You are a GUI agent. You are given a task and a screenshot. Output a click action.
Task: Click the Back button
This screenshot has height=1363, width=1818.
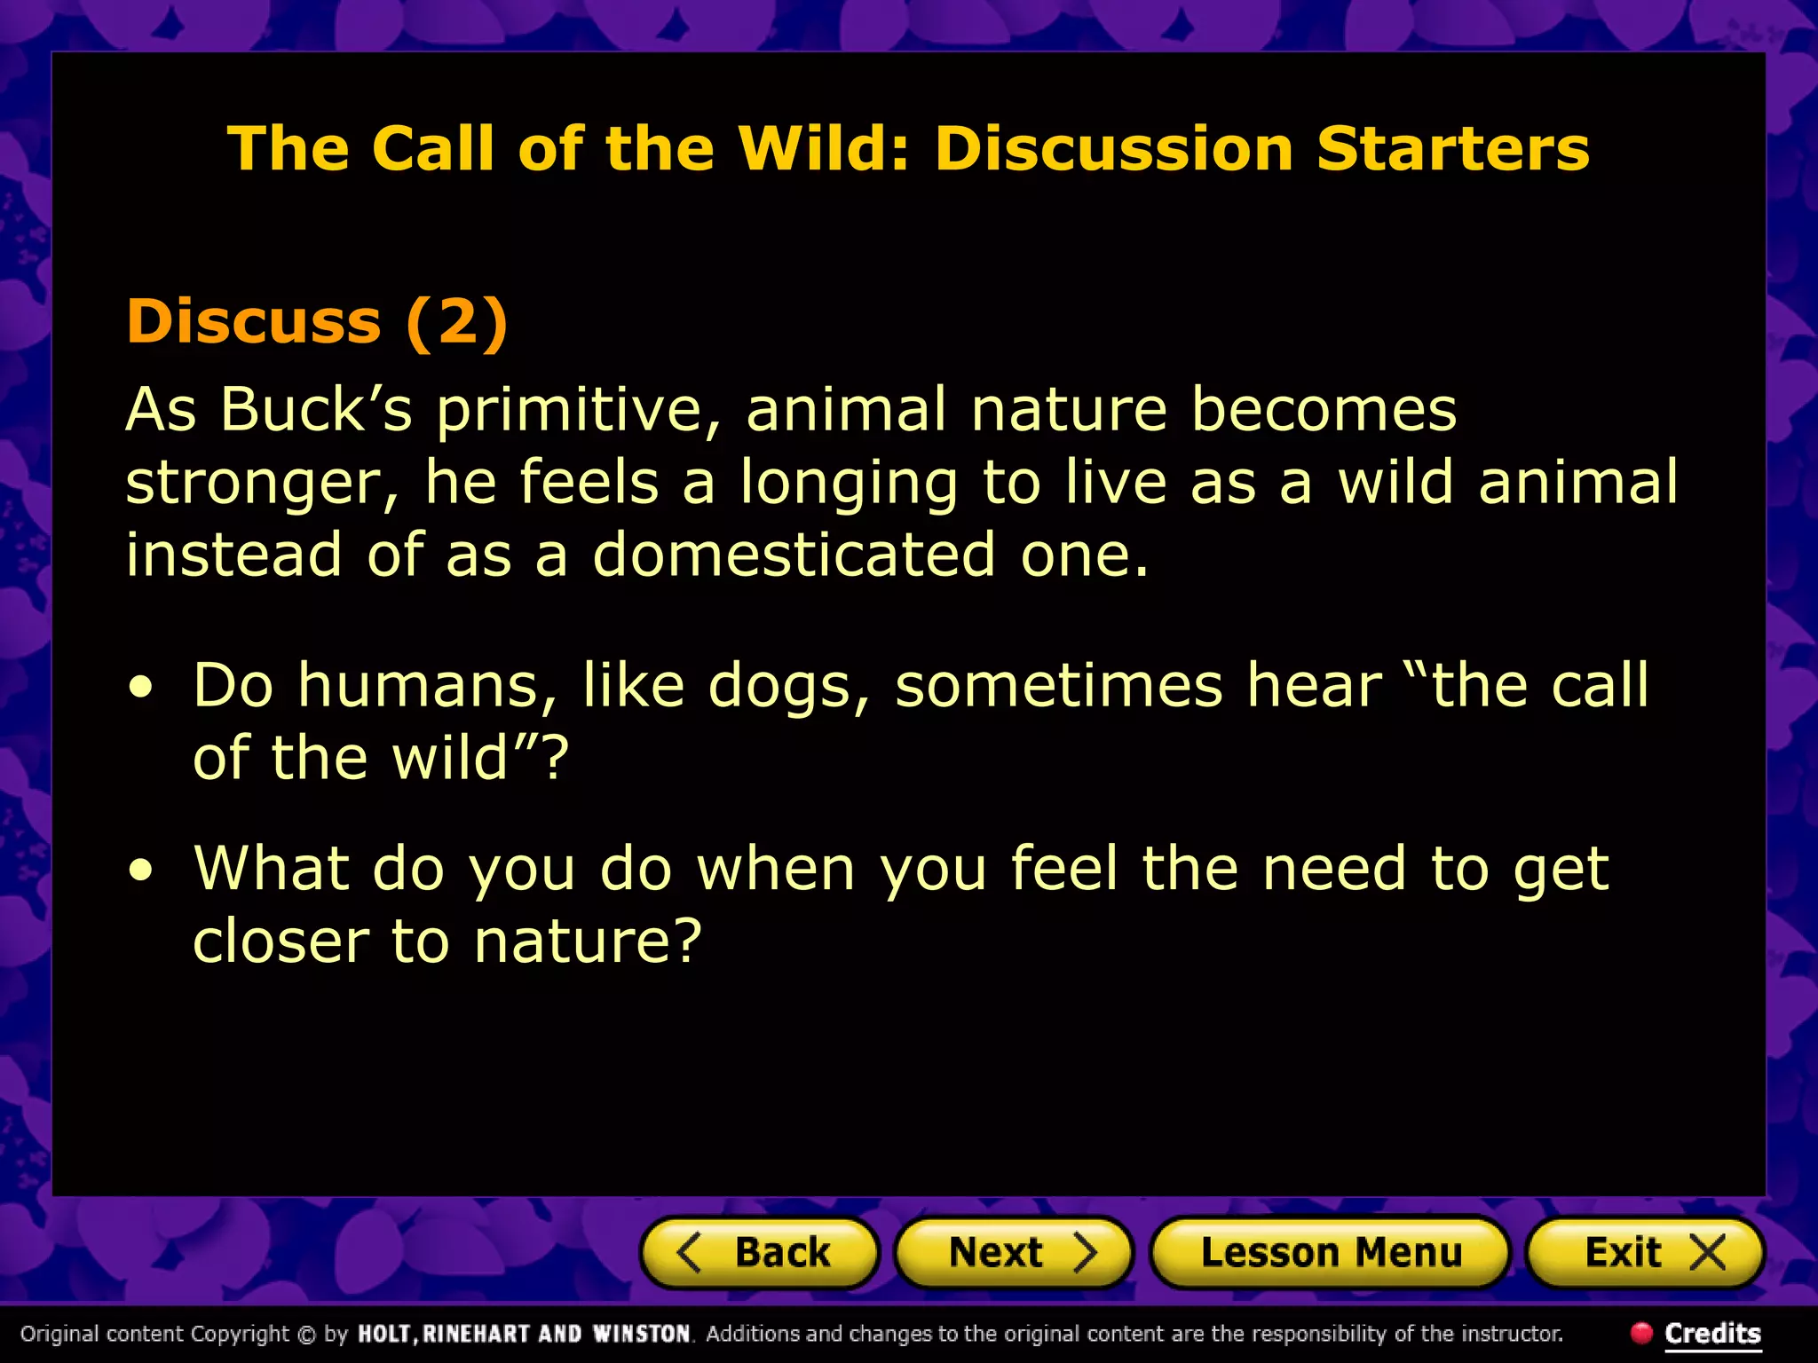(x=760, y=1253)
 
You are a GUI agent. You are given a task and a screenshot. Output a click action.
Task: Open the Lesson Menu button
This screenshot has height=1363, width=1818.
(x=1330, y=1253)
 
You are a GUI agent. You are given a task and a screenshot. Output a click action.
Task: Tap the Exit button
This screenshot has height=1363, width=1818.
(x=1644, y=1253)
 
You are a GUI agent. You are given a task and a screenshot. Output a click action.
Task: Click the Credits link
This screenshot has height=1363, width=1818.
(x=1712, y=1333)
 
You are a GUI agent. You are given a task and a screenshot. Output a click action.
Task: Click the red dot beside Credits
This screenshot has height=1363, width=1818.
(x=1641, y=1332)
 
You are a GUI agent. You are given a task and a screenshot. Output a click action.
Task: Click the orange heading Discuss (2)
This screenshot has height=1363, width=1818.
(x=317, y=320)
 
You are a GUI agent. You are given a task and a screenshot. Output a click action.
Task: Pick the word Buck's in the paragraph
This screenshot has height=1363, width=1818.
(x=316, y=409)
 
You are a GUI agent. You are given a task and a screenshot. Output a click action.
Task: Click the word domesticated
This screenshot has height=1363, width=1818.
(x=794, y=555)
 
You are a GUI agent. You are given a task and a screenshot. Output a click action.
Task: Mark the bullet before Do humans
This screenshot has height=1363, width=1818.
(x=140, y=688)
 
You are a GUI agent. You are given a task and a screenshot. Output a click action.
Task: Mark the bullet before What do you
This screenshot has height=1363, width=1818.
(x=140, y=871)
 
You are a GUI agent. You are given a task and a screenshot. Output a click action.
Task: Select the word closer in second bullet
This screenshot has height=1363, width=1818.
(x=281, y=941)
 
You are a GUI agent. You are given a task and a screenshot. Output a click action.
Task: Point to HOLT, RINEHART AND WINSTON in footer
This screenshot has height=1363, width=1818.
(x=524, y=1334)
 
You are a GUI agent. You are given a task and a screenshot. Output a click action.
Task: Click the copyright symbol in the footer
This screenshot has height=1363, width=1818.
(x=306, y=1335)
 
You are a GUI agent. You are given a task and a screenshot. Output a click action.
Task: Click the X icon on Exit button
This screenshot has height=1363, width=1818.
(x=1707, y=1253)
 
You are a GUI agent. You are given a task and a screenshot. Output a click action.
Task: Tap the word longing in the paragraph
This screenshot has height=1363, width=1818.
(x=849, y=484)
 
